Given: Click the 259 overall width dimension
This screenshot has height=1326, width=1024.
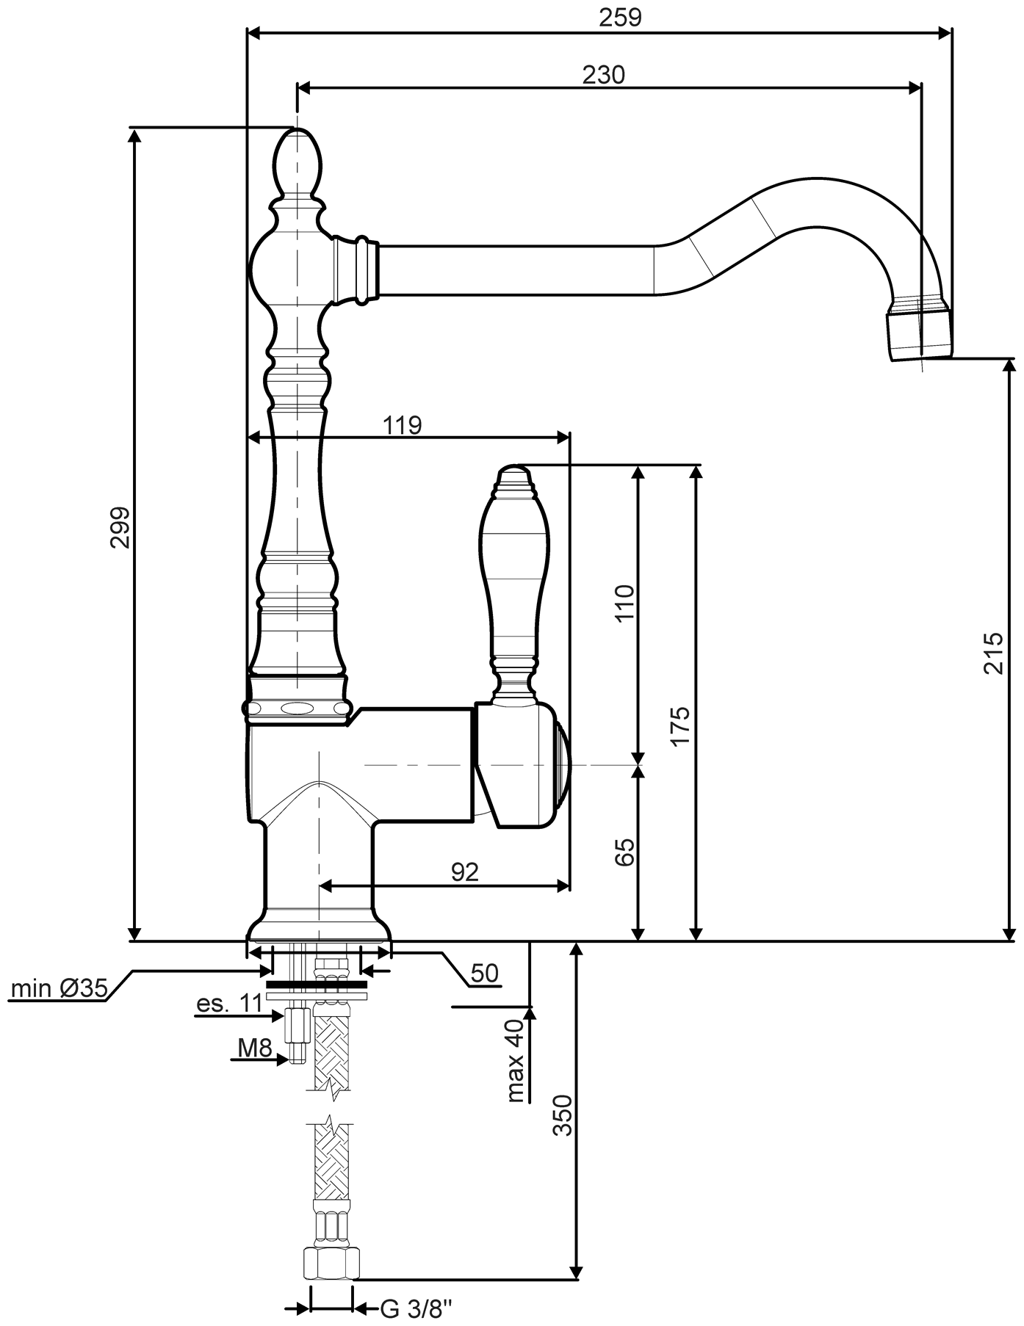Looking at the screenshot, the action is tap(619, 17).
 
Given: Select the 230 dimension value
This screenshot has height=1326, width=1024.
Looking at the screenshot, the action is tap(603, 74).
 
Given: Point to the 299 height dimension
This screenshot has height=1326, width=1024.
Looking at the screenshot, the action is tap(120, 527).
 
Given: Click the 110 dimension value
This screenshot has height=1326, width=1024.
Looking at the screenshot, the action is tap(624, 603).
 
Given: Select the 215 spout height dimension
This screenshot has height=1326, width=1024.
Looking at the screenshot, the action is tap(992, 653).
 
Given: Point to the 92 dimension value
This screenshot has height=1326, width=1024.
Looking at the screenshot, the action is tap(464, 872).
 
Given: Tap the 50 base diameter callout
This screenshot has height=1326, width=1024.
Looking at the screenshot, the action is tap(485, 974).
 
